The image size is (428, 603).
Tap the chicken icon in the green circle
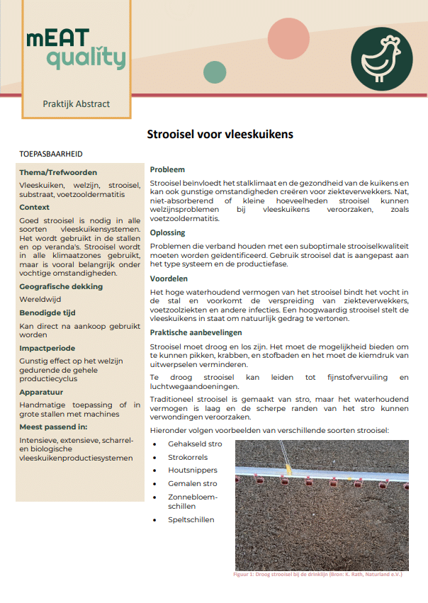click(381, 56)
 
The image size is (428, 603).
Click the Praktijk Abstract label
click(76, 103)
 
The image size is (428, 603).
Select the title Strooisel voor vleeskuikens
click(220, 133)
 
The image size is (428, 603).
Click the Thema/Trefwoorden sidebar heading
click(58, 172)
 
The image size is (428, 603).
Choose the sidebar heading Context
click(35, 208)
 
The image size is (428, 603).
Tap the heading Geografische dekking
click(61, 286)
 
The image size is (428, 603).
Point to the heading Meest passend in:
click(53, 427)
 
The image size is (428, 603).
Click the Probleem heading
click(167, 170)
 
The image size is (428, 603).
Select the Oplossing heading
click(168, 232)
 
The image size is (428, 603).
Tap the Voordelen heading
click(169, 279)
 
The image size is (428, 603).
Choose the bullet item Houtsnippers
click(192, 470)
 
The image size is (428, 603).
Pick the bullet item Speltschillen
click(191, 519)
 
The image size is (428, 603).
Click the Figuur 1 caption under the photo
click(317, 575)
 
